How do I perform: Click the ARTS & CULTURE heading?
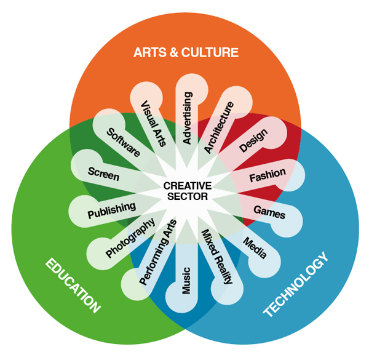click(x=185, y=52)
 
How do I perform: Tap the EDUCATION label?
click(x=73, y=286)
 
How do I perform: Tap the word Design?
click(x=253, y=141)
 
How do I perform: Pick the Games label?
click(x=269, y=212)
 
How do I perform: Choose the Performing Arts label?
click(x=158, y=252)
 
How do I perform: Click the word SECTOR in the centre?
click(x=187, y=197)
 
